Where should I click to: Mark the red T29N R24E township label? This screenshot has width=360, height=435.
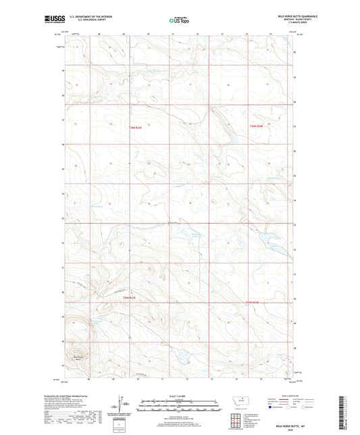(x=258, y=301)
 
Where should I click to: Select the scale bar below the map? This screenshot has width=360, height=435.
(x=179, y=407)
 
